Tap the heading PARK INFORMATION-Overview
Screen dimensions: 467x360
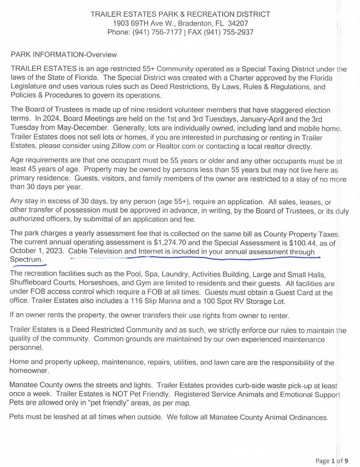click(x=64, y=54)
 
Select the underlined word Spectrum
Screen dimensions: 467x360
click(x=26, y=260)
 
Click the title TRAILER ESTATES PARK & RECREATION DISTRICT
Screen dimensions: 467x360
click(x=180, y=13)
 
